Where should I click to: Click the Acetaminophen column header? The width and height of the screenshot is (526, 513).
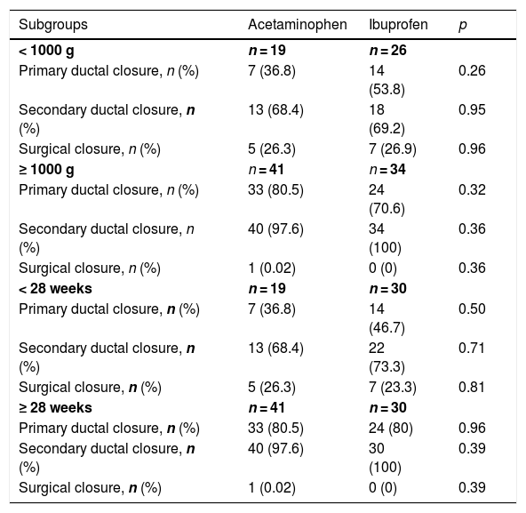(298, 25)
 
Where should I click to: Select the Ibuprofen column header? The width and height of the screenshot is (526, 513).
(398, 25)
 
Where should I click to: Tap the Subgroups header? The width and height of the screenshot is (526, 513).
(53, 25)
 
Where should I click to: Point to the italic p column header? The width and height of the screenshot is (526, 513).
(463, 26)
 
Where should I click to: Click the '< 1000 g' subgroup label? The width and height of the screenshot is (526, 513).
(46, 51)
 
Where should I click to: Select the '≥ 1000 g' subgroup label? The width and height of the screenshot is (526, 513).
(46, 170)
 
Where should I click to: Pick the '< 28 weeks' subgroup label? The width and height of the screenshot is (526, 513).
(55, 288)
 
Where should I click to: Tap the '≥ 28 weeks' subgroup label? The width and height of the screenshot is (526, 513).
(55, 407)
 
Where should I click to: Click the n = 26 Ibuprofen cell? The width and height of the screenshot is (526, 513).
(387, 51)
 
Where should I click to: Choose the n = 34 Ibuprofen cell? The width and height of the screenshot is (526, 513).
(387, 169)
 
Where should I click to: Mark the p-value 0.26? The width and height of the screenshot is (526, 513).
(472, 70)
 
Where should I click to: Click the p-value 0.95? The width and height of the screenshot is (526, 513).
(472, 109)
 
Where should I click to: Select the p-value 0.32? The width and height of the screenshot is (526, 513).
(472, 189)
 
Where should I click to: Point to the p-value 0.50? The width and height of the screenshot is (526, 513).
(472, 309)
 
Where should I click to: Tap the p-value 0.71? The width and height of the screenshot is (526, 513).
(471, 348)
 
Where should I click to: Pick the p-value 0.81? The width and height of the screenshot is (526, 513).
(471, 387)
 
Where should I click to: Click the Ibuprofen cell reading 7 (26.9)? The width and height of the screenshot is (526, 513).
(393, 149)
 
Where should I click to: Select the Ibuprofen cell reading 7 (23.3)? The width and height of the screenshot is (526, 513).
(393, 388)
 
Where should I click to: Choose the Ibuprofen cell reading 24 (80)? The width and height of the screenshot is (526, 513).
(391, 429)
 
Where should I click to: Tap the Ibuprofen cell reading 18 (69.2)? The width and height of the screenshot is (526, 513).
(387, 119)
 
